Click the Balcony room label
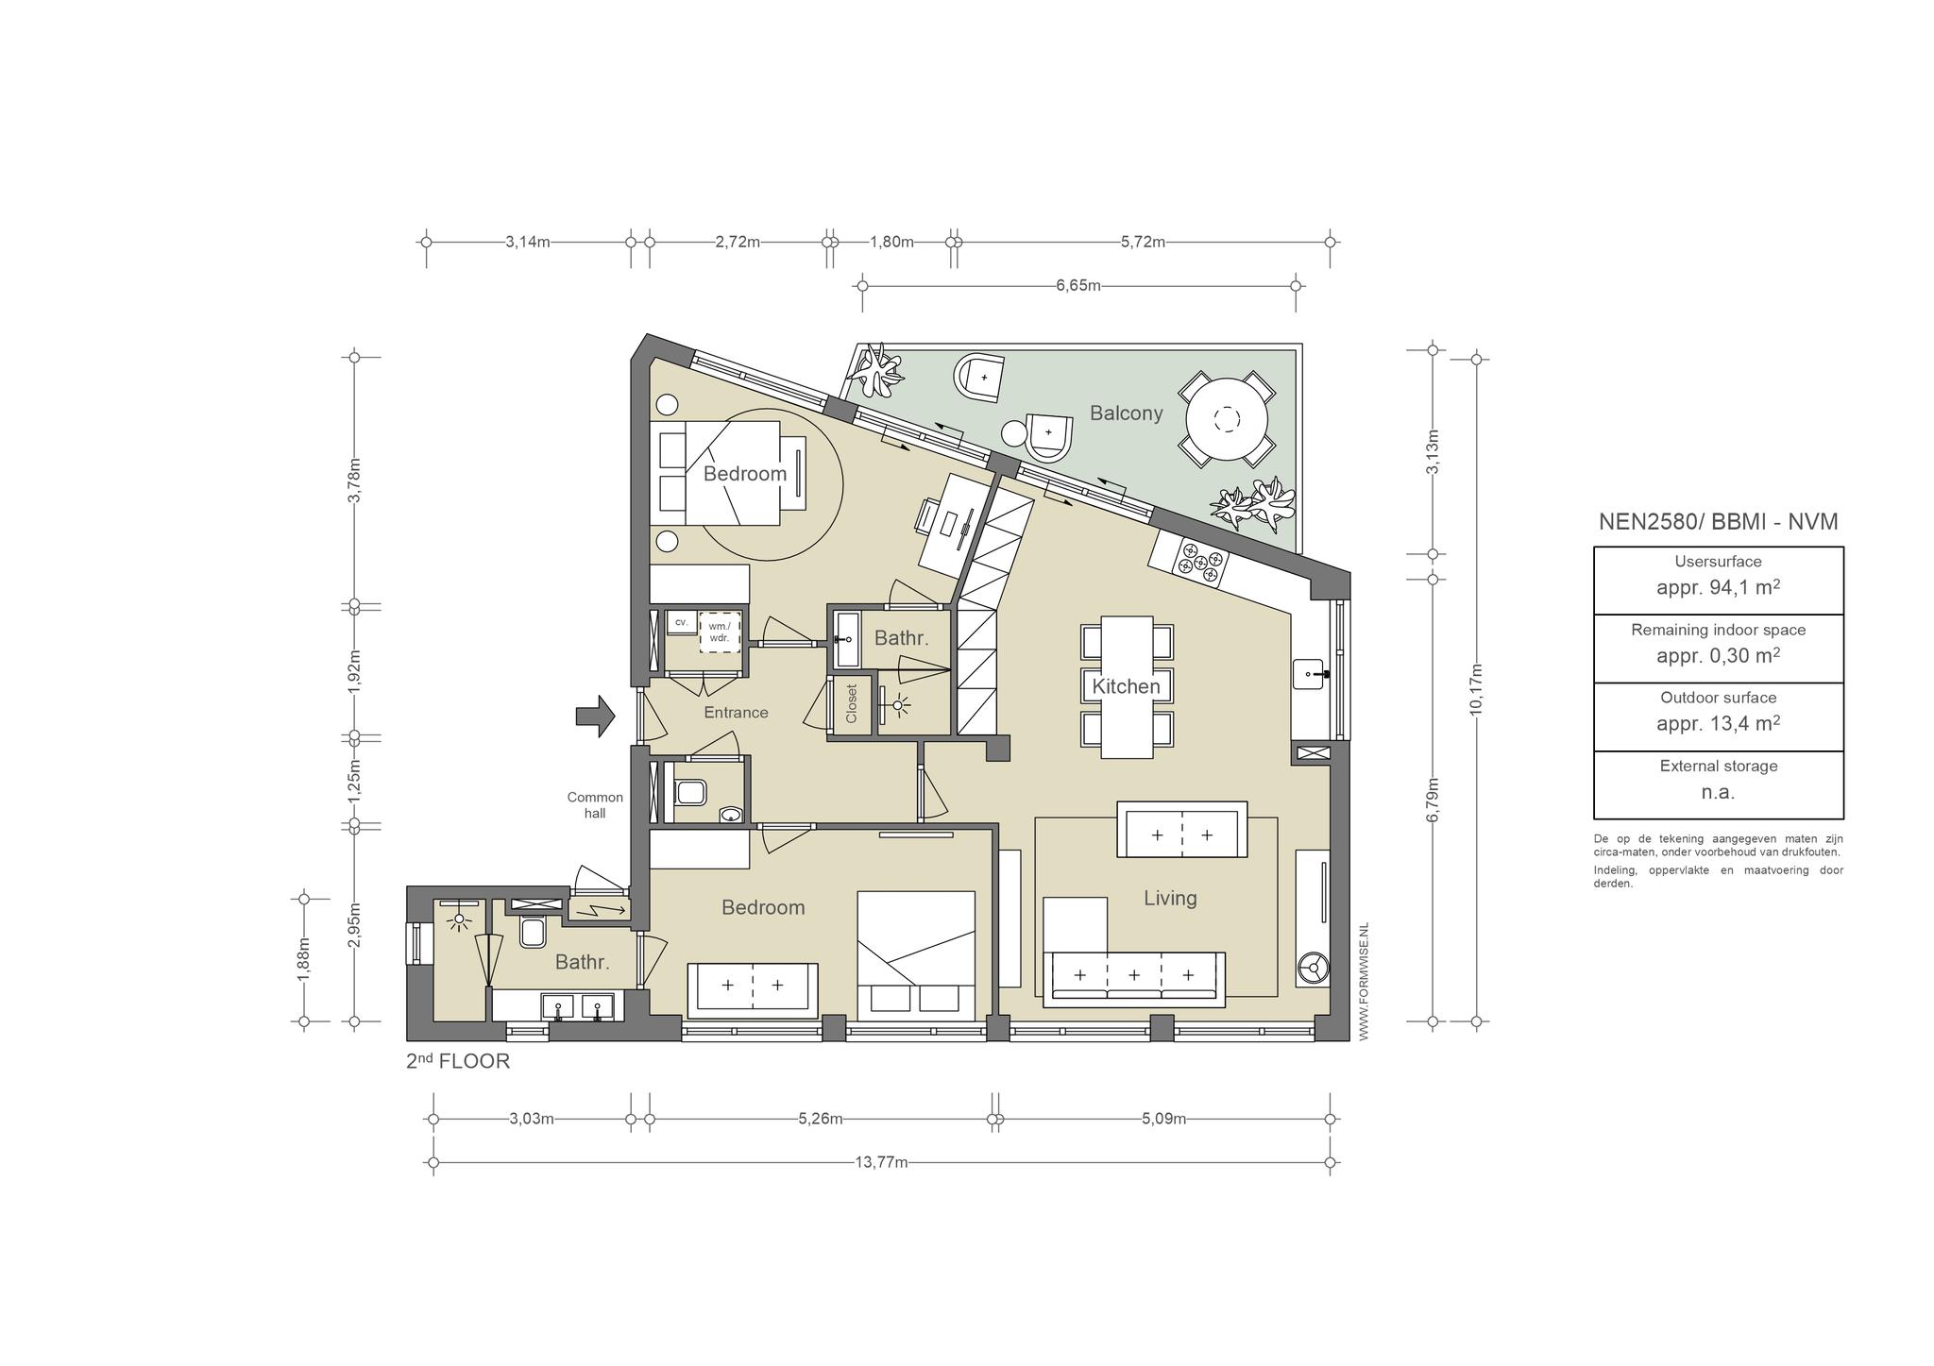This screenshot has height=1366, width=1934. [1126, 413]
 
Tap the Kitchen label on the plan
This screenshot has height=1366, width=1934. [1126, 686]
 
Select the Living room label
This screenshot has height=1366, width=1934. [1170, 898]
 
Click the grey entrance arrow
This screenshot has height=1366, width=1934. [595, 716]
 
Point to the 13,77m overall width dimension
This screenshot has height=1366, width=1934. [881, 1162]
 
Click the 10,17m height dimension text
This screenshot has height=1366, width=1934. [1476, 690]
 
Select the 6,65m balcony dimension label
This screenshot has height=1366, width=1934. [1078, 285]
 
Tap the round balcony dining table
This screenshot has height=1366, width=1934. [1227, 418]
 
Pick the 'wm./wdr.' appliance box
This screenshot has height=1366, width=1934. [720, 632]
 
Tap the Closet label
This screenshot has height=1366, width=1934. [852, 703]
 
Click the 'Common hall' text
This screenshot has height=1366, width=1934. [595, 805]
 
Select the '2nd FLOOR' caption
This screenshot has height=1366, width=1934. [458, 1061]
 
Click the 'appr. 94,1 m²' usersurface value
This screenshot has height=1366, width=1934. [1718, 587]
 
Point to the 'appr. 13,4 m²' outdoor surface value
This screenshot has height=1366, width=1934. [1718, 723]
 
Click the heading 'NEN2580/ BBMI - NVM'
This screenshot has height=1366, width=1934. [1718, 521]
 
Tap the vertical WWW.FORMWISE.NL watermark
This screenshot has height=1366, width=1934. [1364, 982]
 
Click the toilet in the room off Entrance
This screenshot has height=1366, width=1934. [689, 791]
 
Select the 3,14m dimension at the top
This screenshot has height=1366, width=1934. [527, 242]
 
